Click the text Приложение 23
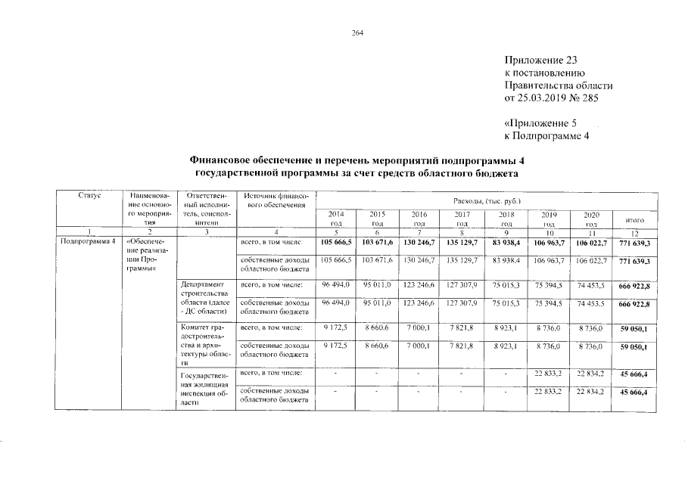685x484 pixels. coord(544,60)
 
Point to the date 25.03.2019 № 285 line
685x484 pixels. coord(558,98)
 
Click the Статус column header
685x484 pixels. coord(89,196)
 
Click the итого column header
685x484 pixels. coord(634,219)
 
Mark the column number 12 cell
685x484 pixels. coord(634,232)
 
